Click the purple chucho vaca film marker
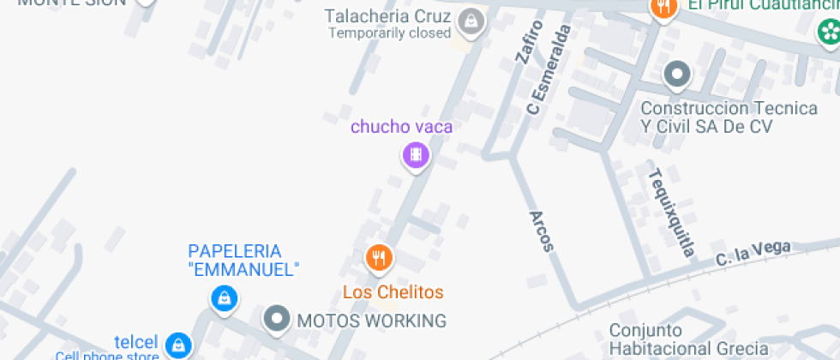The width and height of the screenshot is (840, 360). [x=416, y=155]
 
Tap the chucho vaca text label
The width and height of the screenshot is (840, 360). [x=401, y=127]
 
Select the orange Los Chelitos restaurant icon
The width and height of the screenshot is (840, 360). [x=378, y=256]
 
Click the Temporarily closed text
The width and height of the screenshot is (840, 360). [x=390, y=33]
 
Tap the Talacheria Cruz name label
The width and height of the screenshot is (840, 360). [x=388, y=16]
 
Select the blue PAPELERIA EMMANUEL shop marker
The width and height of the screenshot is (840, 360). [x=224, y=297]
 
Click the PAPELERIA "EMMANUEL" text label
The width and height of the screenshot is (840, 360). [x=243, y=261]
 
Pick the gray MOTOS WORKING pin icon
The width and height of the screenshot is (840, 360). [x=276, y=320]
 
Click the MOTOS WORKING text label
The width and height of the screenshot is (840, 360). [x=371, y=321]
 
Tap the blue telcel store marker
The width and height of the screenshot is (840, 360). [x=177, y=343]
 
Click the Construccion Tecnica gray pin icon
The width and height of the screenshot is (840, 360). [x=677, y=75]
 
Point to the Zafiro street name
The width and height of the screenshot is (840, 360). [x=528, y=43]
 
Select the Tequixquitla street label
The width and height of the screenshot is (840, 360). [x=671, y=212]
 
